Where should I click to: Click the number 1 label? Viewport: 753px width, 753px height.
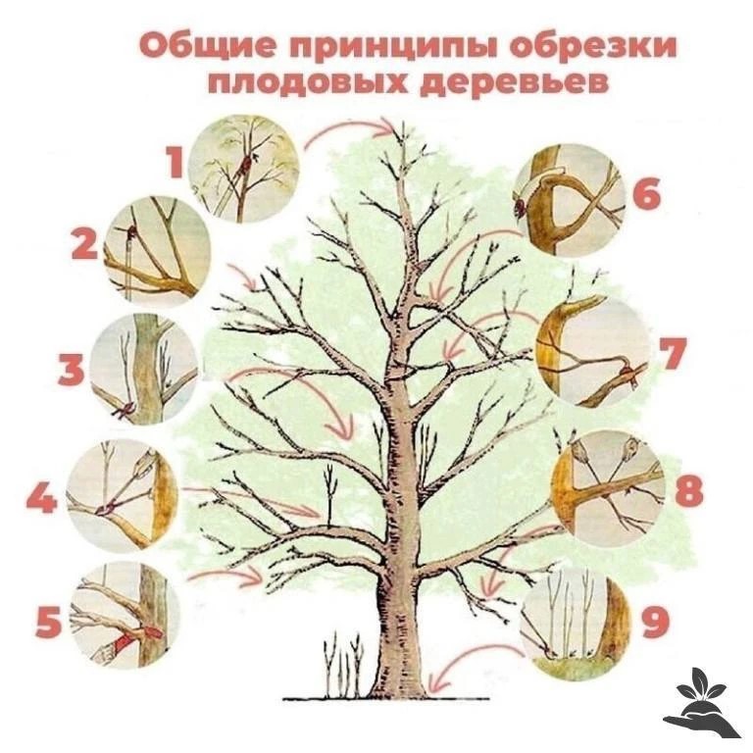tap(175, 162)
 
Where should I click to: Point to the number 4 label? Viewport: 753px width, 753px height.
tap(42, 497)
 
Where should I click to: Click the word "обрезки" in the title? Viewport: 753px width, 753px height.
tap(592, 47)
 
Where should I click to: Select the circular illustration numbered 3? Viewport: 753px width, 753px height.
tap(143, 370)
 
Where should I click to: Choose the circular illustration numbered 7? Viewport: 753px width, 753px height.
tap(591, 352)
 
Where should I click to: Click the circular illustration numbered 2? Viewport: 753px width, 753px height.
tap(157, 251)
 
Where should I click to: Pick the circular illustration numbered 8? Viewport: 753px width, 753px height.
tap(608, 487)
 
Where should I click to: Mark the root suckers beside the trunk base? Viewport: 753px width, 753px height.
tap(342, 664)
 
